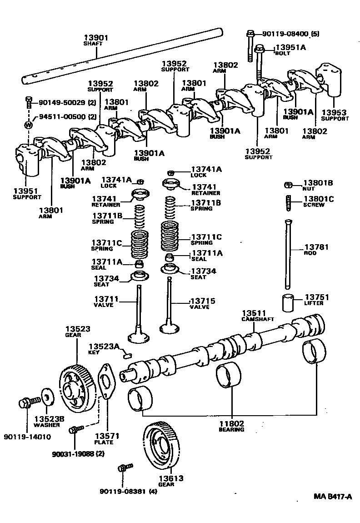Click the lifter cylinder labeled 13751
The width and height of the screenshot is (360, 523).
[x=288, y=302]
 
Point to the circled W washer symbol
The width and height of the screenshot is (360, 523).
[x=29, y=125]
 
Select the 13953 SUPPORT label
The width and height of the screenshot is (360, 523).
[x=335, y=116]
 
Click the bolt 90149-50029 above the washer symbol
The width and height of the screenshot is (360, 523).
[x=29, y=102]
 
